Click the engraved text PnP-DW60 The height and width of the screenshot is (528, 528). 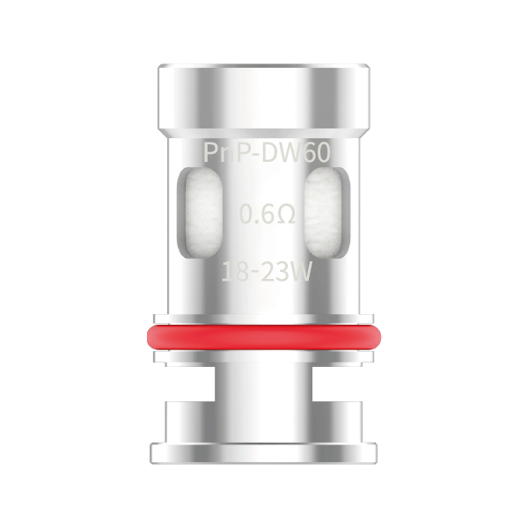pos(266,152)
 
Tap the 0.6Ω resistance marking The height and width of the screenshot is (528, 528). pos(266,214)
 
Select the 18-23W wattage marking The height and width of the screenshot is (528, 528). pos(266,272)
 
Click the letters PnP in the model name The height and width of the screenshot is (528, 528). pos(224,152)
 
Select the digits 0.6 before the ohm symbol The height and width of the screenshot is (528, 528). pos(254,214)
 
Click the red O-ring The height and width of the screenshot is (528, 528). pos(264,336)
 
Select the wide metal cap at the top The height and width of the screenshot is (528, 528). pos(264,92)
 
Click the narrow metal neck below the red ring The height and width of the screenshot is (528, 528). pos(264,383)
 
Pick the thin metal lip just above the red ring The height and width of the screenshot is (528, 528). pos(264,318)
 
